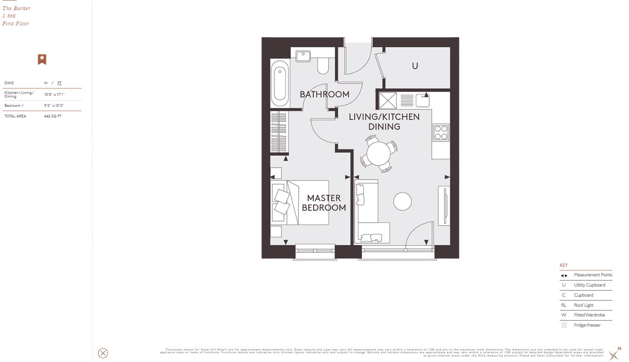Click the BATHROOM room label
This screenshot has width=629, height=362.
click(324, 94)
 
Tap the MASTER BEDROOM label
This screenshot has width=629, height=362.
click(324, 203)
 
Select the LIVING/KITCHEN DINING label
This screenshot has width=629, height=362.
click(384, 122)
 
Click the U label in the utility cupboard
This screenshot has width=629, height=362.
click(415, 66)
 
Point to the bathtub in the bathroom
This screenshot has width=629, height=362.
click(279, 83)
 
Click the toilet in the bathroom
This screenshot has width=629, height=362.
click(323, 66)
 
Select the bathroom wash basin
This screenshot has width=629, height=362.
click(303, 56)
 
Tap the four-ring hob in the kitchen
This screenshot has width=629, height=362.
click(440, 133)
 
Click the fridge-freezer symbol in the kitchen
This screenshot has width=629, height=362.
click(387, 100)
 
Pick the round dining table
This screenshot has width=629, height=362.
click(379, 153)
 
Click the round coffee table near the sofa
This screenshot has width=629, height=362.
click(402, 202)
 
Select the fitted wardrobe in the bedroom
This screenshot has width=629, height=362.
click(279, 132)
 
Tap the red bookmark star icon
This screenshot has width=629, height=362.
click(42, 59)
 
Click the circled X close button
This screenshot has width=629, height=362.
click(103, 353)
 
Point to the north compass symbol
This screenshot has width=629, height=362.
click(614, 355)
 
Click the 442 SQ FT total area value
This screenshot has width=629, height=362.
click(53, 116)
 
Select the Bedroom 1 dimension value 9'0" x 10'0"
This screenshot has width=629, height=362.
click(54, 105)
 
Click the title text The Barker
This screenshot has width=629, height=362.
click(17, 8)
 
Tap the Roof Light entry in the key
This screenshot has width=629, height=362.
click(583, 305)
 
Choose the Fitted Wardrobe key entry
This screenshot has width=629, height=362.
click(589, 315)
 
